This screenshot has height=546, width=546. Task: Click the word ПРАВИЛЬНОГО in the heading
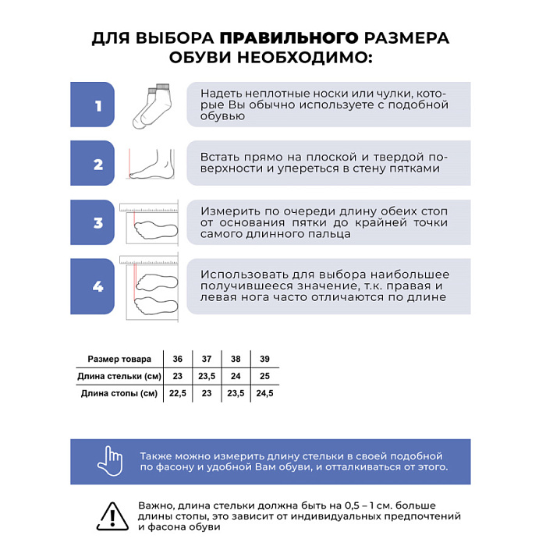(x=289, y=38)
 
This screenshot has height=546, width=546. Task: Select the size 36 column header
(x=178, y=359)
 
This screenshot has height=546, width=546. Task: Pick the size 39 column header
(x=264, y=359)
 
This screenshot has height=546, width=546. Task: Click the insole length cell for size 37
(x=207, y=376)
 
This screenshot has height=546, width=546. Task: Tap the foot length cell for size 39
(x=264, y=393)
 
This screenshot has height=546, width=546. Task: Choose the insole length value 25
(x=264, y=376)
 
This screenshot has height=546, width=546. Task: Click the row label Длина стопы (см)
(x=119, y=393)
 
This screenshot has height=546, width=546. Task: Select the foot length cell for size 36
(x=178, y=393)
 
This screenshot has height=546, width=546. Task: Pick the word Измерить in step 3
(x=227, y=211)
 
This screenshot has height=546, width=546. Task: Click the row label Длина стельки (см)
(x=119, y=376)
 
